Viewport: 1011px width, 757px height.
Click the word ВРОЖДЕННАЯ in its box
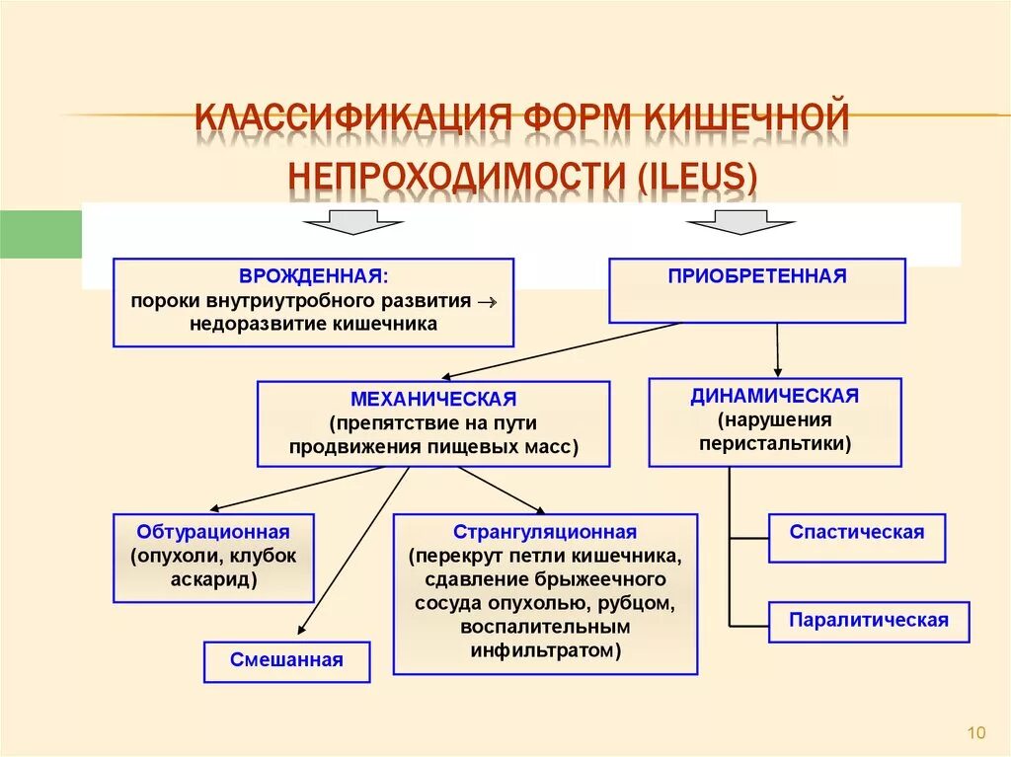pyautogui.click(x=311, y=276)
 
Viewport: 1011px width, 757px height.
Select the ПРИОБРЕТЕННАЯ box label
pyautogui.click(x=757, y=276)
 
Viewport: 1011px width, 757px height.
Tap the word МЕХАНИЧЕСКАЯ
pyautogui.click(x=433, y=400)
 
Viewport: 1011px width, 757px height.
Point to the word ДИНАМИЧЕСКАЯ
pyautogui.click(x=775, y=396)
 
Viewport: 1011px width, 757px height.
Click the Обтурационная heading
pyautogui.click(x=213, y=532)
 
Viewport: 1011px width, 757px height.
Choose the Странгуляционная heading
pyautogui.click(x=545, y=532)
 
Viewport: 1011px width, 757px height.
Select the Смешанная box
pyautogui.click(x=286, y=660)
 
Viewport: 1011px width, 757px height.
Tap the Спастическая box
pyautogui.click(x=857, y=533)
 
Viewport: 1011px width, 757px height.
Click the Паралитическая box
pyautogui.click(x=869, y=621)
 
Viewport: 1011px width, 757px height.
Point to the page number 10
pyautogui.click(x=976, y=732)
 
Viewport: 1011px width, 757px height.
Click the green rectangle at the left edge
pyautogui.click(x=39, y=235)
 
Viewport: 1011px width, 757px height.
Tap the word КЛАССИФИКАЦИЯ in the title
pyautogui.click(x=350, y=116)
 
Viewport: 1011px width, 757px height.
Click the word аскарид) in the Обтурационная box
pyautogui.click(x=213, y=579)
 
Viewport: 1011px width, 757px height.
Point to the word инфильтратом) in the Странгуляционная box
pyautogui.click(x=545, y=650)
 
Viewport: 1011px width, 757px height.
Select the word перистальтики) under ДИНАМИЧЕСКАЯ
pyautogui.click(x=775, y=443)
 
